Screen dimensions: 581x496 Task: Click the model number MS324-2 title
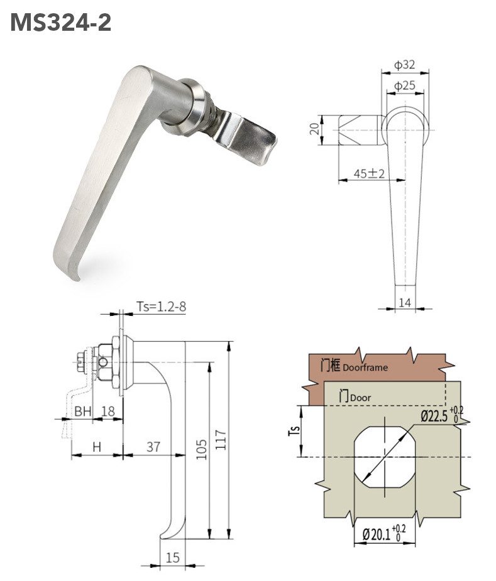click(x=61, y=23)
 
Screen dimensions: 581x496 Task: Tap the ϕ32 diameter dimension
click(x=404, y=65)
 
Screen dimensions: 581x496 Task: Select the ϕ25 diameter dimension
click(x=404, y=86)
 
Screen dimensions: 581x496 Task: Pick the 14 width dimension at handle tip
click(x=405, y=302)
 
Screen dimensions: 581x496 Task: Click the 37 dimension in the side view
click(x=153, y=447)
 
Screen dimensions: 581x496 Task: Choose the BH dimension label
click(x=83, y=411)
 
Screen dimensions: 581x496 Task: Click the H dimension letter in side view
click(x=96, y=447)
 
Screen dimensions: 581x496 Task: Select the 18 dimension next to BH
click(x=108, y=411)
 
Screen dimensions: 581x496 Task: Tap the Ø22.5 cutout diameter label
click(x=436, y=415)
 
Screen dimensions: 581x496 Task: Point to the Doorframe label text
click(x=365, y=367)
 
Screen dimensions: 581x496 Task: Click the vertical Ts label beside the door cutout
click(x=298, y=432)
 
